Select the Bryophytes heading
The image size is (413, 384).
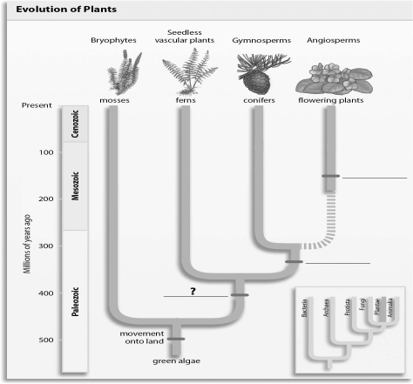(x=114, y=40)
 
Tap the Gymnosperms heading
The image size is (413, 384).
(x=254, y=40)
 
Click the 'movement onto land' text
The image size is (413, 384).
(x=142, y=336)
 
